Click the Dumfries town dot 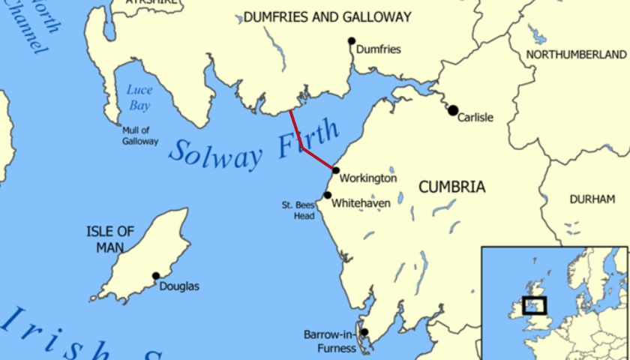tap(351, 40)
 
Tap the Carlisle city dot tap(453, 110)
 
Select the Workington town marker tap(336, 170)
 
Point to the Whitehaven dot tap(327, 195)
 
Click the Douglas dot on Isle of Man tap(156, 276)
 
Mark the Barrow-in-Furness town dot tap(364, 332)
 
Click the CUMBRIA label tap(451, 187)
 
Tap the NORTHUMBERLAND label tap(576, 55)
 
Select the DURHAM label tap(592, 199)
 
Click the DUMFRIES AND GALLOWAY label tap(328, 16)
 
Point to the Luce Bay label tap(139, 97)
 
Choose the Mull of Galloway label tap(140, 135)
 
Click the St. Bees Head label tap(297, 209)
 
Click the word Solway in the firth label tap(215, 152)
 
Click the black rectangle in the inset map tap(535, 305)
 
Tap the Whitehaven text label tap(361, 202)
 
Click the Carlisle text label tap(475, 118)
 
